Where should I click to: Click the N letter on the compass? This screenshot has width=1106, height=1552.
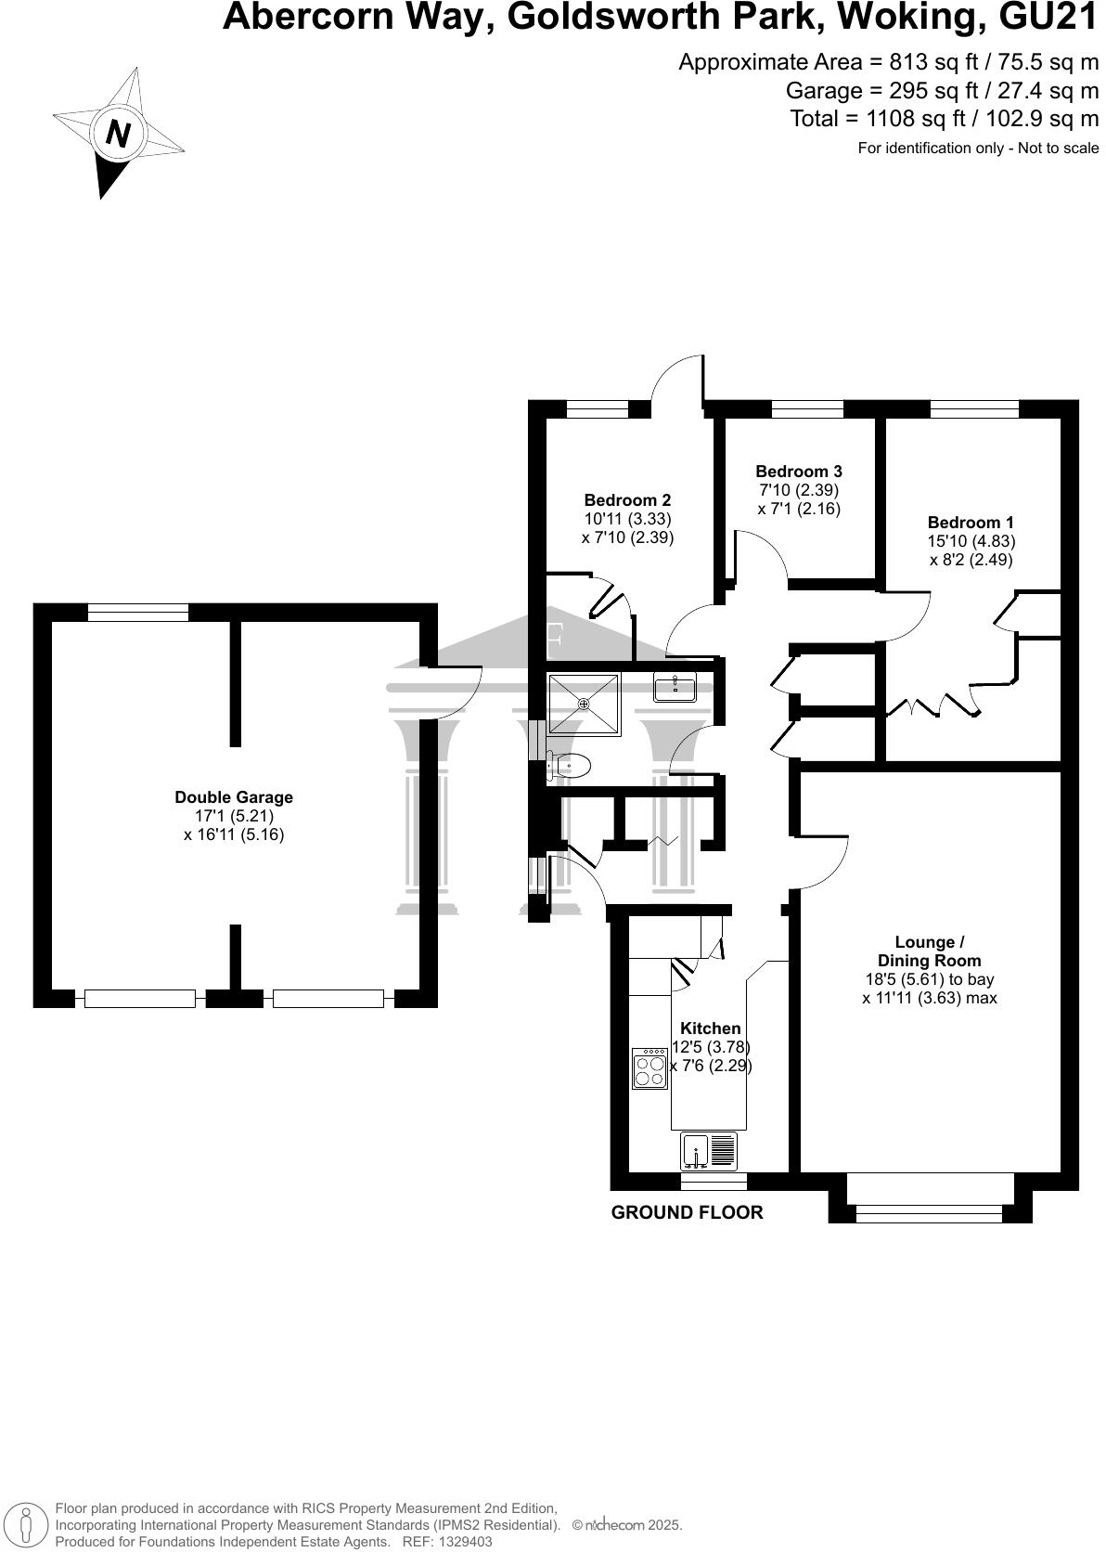[118, 133]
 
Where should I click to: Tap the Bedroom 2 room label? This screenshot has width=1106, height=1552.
[626, 499]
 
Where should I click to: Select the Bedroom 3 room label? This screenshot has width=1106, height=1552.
[799, 472]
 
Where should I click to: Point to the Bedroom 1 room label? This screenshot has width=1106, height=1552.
[971, 523]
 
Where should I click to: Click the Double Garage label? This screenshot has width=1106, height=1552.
[234, 796]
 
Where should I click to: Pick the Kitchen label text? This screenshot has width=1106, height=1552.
[710, 1028]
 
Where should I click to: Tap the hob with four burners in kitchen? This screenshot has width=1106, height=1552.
[649, 1068]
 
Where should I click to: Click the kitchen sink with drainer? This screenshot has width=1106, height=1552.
[709, 1152]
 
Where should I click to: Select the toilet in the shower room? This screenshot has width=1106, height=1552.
[570, 766]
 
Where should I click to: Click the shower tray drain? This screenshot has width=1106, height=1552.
[584, 704]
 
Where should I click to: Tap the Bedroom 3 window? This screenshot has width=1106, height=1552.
[807, 408]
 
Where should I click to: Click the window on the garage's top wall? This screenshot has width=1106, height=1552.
[138, 613]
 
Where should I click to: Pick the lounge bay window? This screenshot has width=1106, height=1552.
[930, 1213]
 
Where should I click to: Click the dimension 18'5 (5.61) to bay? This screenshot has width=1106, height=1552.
[930, 979]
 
